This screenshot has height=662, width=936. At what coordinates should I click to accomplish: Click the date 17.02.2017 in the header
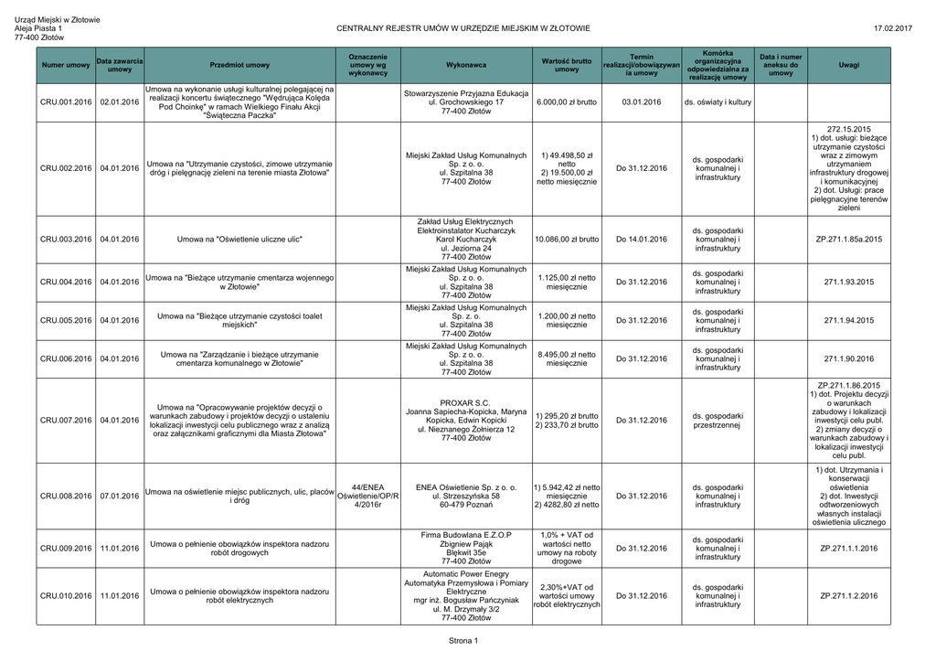pos(892,29)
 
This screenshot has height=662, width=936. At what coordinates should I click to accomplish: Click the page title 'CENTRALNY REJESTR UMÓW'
pos(463,29)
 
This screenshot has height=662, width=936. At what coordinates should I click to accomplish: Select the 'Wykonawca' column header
pos(465,66)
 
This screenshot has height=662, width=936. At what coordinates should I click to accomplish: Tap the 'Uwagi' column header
pos(848,66)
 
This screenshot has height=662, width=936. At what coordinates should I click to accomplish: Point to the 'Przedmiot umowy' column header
pos(239,66)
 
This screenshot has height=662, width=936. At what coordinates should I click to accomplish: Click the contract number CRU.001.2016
pos(66,102)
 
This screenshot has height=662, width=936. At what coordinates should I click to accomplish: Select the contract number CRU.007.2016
pos(66,421)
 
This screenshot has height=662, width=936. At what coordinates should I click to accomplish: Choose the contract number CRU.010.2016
pos(66,596)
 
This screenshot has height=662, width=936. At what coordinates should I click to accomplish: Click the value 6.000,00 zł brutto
pos(567,102)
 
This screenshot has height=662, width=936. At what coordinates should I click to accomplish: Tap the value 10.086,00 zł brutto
pos(567,240)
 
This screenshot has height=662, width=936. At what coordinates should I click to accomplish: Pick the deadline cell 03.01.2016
pos(641,102)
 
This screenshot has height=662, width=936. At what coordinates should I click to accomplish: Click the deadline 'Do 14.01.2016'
pos(641,240)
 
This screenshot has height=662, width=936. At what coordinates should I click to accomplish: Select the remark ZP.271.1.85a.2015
pos(848,240)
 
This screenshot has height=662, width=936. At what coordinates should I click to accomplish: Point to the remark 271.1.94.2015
pos(848,321)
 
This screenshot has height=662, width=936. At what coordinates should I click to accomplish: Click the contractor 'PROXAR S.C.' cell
pos(465,421)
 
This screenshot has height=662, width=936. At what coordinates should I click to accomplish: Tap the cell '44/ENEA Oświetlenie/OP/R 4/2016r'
pos(367,496)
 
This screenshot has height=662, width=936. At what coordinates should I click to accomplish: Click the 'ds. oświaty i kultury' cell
pos(718,102)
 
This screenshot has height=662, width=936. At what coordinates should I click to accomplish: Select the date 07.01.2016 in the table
pos(119,496)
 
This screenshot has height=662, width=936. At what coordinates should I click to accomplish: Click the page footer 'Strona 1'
pos(463,640)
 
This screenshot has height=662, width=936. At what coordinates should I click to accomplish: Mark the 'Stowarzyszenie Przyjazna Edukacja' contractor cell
pos(465,102)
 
